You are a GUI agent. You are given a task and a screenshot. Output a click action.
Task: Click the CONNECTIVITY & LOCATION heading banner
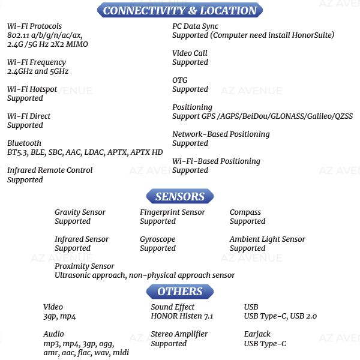[x=180, y=10]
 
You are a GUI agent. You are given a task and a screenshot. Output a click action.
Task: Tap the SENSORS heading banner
[x=180, y=196]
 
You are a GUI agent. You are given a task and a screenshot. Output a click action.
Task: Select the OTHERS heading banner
[x=180, y=292]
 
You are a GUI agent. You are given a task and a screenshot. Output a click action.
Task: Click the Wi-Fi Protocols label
[x=35, y=26]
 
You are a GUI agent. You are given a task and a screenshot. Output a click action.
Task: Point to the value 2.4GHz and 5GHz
[x=38, y=71]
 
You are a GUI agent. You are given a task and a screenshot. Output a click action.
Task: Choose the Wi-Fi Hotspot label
[x=32, y=89]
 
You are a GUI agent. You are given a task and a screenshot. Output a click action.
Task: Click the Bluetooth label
[x=25, y=143]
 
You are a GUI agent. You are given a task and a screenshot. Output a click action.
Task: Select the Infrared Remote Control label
[x=50, y=170]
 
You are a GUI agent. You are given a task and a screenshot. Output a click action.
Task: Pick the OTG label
[x=180, y=80]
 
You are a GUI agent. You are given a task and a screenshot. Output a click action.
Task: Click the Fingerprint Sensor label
[x=172, y=212]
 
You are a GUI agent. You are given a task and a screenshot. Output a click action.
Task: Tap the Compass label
[x=245, y=212]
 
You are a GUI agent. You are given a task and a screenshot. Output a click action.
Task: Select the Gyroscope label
[x=158, y=239]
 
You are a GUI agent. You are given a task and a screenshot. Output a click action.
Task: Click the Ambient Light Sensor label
[x=268, y=239]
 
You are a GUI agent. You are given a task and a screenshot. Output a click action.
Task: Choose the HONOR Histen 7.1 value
[x=182, y=316]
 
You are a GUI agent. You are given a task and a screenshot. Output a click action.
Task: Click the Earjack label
[x=257, y=334]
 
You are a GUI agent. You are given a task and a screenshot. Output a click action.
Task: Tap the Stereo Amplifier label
[x=179, y=334]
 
